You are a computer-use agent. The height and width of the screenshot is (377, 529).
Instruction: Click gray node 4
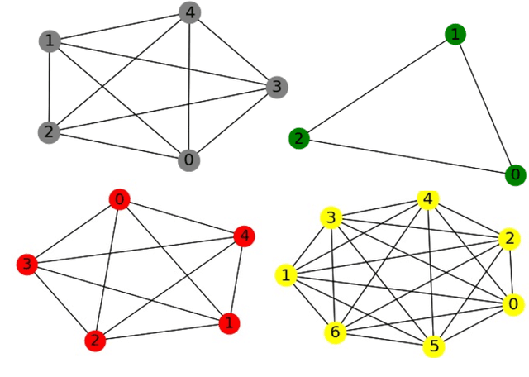point(189,13)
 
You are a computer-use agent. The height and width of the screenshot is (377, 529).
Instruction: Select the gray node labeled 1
point(50,41)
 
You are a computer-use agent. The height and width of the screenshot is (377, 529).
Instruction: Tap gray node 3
point(277,87)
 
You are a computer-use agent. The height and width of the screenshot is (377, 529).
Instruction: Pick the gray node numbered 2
point(50,132)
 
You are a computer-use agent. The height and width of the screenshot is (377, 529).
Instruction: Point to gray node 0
point(189,160)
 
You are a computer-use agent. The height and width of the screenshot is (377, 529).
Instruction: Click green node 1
point(454,34)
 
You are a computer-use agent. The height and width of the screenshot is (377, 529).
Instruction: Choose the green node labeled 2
point(299,138)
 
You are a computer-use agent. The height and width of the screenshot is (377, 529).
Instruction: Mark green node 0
point(515,174)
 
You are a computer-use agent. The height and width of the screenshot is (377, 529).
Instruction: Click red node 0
point(120,199)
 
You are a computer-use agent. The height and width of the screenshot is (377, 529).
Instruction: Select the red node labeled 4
point(244,236)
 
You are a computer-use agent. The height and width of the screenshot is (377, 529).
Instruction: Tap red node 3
point(27,265)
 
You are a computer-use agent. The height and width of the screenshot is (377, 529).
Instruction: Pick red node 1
point(229,322)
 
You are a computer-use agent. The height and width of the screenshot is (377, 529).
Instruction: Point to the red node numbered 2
point(96,341)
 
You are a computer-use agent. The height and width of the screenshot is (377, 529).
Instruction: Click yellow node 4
point(427,200)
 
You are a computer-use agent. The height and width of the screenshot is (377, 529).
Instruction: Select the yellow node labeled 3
point(331,217)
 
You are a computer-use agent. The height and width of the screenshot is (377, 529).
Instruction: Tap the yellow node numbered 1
point(286,274)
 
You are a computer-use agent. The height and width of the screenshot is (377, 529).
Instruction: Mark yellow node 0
point(513,304)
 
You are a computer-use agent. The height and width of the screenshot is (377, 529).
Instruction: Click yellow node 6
point(335,332)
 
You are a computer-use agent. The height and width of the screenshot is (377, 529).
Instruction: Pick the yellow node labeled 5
point(433,346)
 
